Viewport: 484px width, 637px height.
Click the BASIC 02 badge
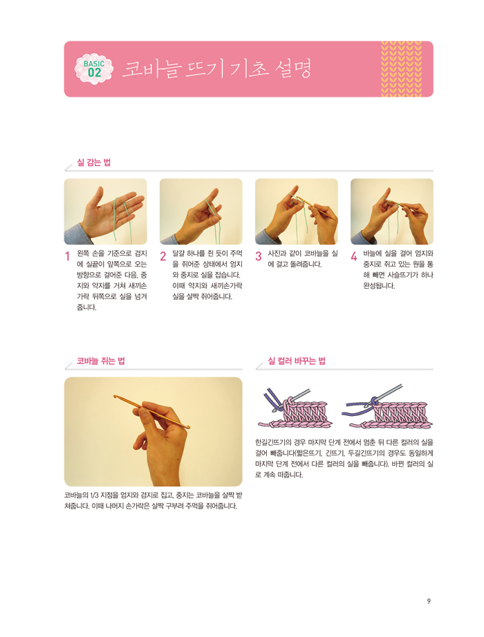click(94, 69)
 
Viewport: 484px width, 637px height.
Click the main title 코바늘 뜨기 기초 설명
click(216, 68)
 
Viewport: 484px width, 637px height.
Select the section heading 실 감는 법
click(93, 162)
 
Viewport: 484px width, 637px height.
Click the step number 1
click(68, 256)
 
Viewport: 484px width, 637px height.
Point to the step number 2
click(163, 256)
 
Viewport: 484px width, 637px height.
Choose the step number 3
click(259, 256)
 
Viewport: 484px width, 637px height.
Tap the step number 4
click(354, 256)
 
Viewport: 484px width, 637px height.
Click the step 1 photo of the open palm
click(105, 211)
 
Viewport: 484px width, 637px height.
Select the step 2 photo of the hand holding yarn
click(201, 211)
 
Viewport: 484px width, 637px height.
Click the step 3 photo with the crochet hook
click(297, 211)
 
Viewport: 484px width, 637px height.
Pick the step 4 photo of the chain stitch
click(391, 211)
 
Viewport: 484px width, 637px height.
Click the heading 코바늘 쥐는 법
click(100, 361)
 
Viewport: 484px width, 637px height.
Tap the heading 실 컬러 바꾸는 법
click(297, 361)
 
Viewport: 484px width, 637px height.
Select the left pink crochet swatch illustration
click(294, 410)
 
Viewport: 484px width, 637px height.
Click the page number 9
click(429, 601)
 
